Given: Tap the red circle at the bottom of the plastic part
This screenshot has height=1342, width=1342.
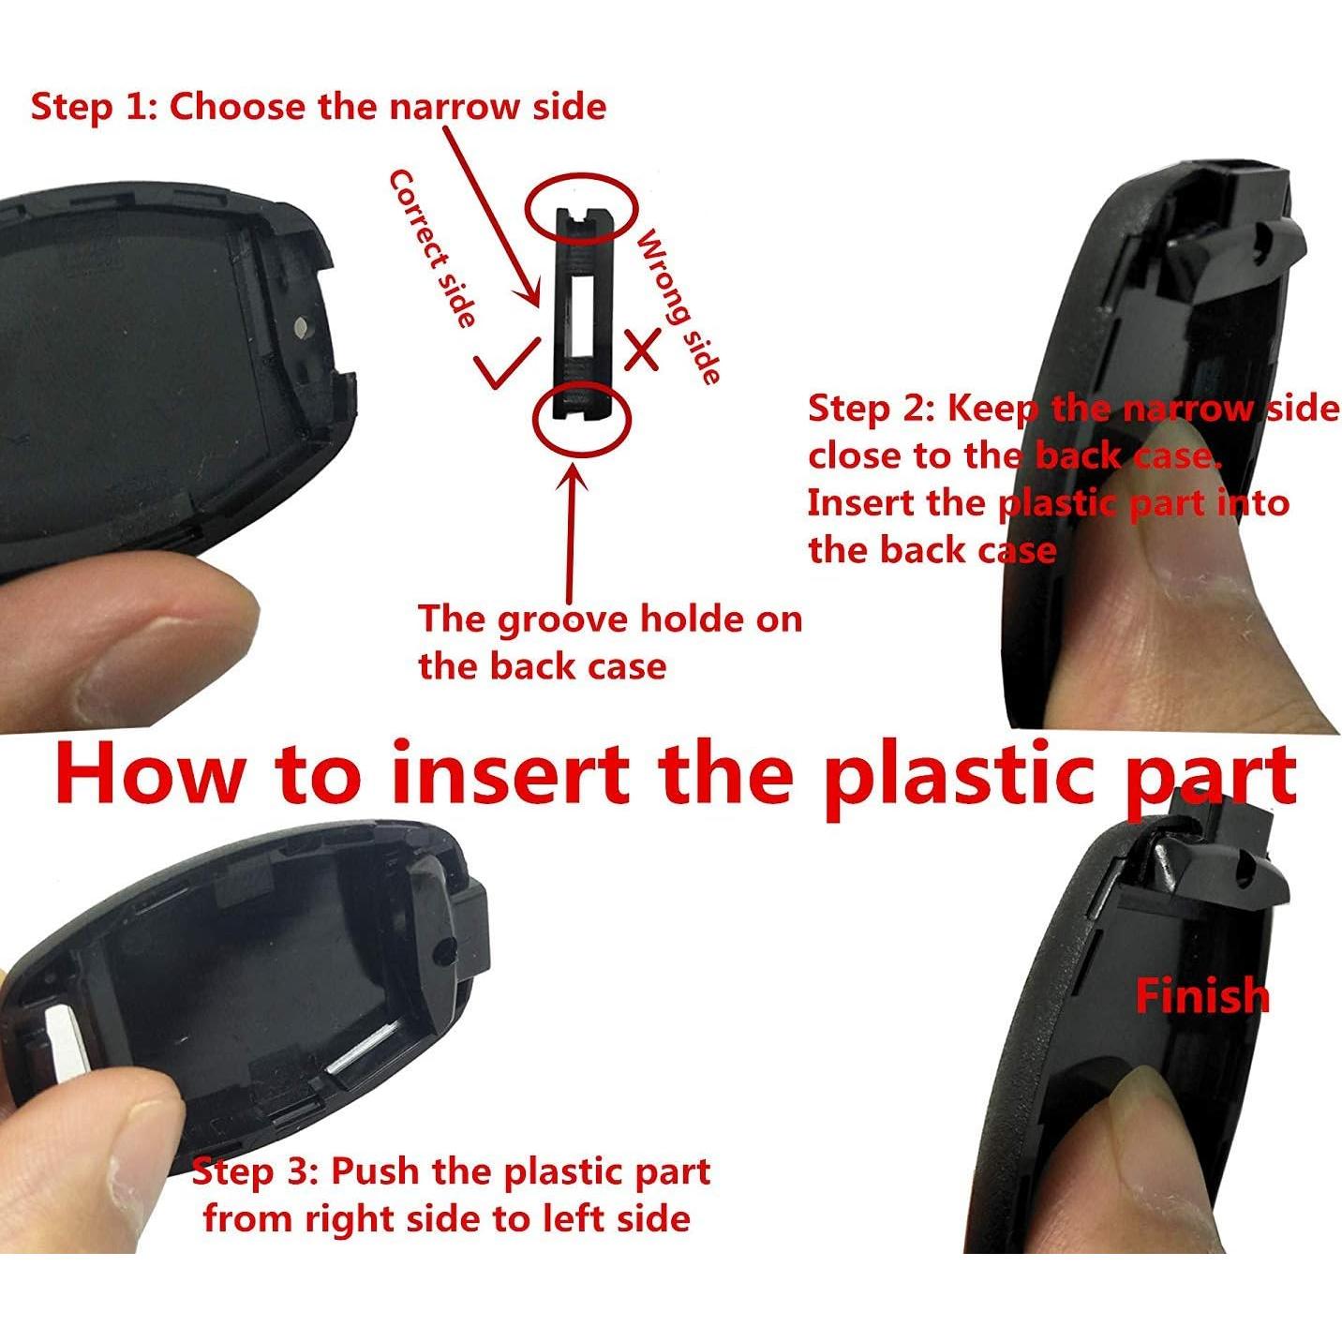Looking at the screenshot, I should tap(582, 418).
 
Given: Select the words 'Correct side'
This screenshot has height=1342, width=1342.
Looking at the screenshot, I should tap(433, 249).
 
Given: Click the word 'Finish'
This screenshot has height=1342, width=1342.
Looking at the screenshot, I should tap(1201, 995).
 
